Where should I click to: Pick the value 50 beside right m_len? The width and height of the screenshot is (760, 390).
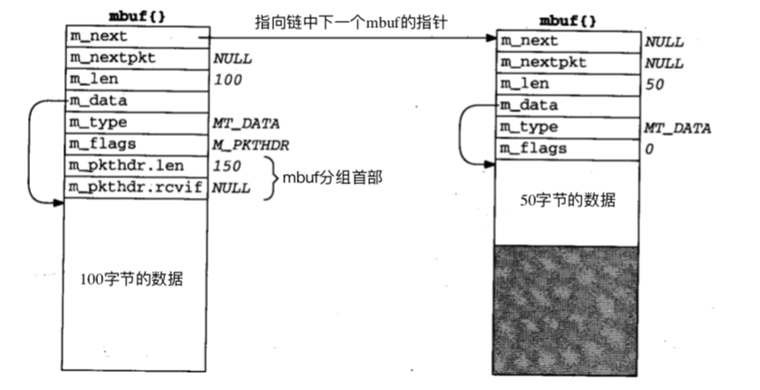pyautogui.click(x=654, y=84)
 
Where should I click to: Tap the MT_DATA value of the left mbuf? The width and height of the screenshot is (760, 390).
pyautogui.click(x=245, y=123)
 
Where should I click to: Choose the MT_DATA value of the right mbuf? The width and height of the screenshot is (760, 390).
pyautogui.click(x=677, y=128)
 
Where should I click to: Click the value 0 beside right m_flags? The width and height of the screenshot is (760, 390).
pyautogui.click(x=649, y=149)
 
